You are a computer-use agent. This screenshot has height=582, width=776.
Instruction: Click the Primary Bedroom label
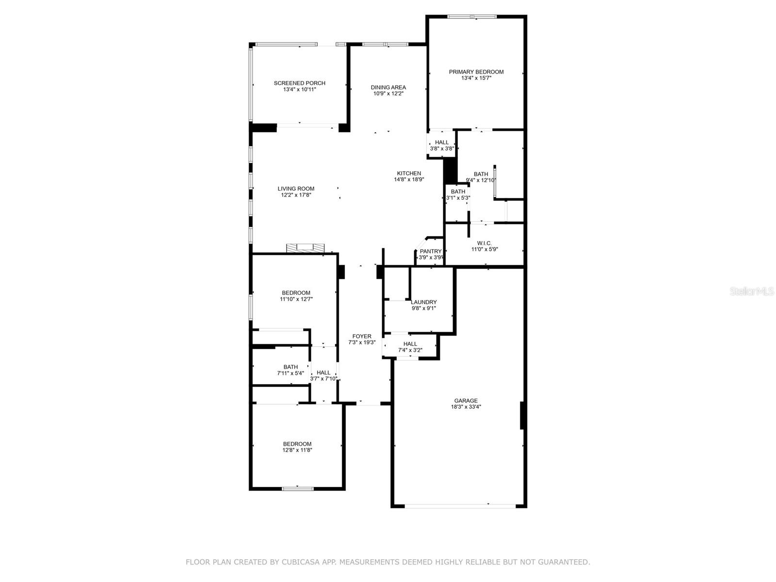coord(476,72)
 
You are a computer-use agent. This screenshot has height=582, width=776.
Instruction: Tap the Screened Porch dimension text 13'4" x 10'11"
coord(299,89)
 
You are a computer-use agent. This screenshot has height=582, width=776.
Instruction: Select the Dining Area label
coord(388,87)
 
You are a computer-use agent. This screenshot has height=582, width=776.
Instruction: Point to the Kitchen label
coord(409,173)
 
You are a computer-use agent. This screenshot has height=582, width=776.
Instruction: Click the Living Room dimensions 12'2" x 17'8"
coord(296,194)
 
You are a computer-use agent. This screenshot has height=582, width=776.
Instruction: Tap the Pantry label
coord(430,251)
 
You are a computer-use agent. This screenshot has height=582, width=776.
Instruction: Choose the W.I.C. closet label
coord(484,243)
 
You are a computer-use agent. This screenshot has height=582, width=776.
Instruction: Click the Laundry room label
coord(423,302)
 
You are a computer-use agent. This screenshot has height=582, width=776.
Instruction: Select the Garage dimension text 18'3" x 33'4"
coord(466,407)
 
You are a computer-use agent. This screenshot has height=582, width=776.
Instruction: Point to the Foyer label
coord(362,337)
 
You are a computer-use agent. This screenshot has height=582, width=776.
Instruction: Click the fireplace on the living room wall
coord(305,248)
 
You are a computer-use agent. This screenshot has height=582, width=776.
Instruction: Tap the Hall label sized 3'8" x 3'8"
coord(441,143)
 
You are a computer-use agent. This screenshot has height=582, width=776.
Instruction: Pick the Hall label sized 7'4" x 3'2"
coord(410,344)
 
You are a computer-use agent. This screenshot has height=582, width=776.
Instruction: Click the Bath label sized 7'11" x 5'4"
coord(290,367)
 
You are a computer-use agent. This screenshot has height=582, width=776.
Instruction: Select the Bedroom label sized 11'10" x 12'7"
coord(296,292)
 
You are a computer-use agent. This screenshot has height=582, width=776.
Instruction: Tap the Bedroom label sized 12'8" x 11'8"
coord(297,444)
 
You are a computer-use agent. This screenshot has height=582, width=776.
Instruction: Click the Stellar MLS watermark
coord(752,291)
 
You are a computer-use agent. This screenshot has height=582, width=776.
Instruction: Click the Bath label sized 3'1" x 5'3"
coord(458,192)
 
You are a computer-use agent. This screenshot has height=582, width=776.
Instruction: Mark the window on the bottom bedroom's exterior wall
coord(297,489)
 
